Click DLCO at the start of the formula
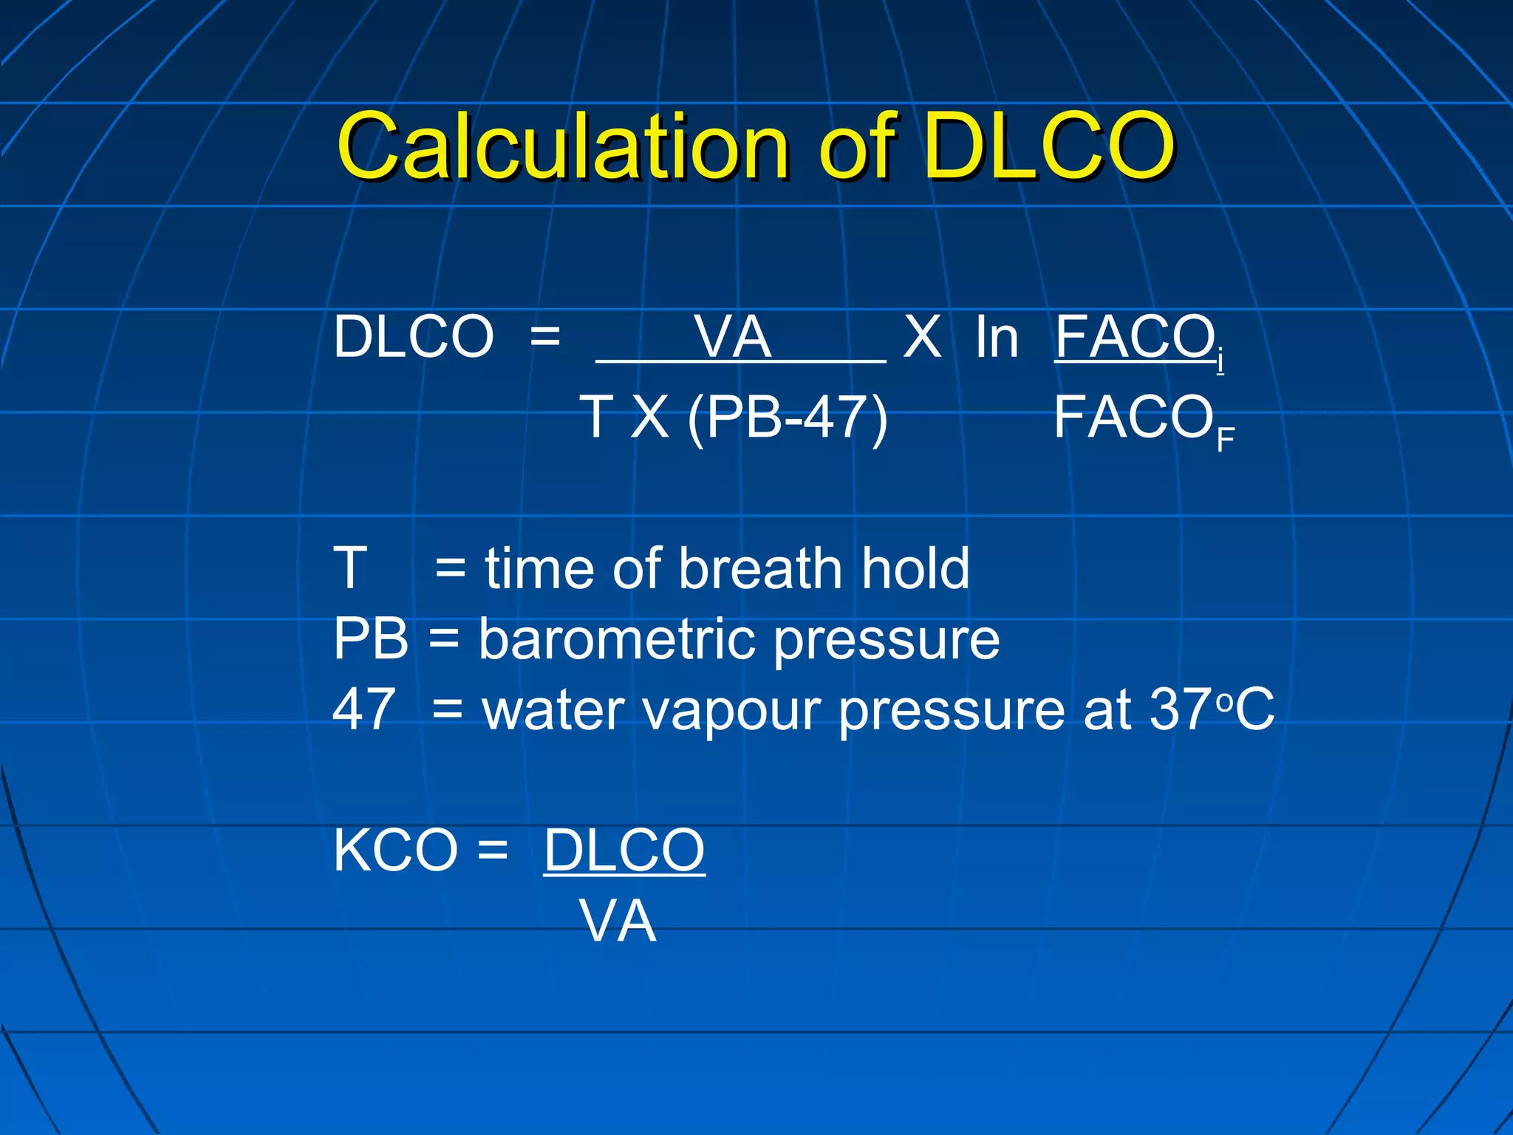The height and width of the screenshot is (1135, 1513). (x=413, y=337)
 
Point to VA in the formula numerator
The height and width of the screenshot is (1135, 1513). (x=733, y=337)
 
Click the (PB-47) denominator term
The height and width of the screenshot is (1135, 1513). (x=788, y=418)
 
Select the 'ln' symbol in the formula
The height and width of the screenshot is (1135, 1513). (x=997, y=337)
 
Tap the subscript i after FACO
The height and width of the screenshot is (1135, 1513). (x=1220, y=361)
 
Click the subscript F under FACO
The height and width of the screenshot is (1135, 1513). (x=1225, y=441)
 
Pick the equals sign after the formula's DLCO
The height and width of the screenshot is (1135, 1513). (x=545, y=337)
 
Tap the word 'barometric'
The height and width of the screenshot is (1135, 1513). (x=616, y=639)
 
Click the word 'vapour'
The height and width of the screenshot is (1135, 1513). (x=733, y=711)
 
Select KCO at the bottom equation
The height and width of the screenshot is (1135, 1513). (x=395, y=851)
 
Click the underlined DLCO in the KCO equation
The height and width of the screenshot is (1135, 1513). (x=624, y=851)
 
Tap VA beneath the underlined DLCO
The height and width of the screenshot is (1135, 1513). (x=618, y=921)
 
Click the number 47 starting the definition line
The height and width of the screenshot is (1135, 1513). (x=363, y=709)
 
